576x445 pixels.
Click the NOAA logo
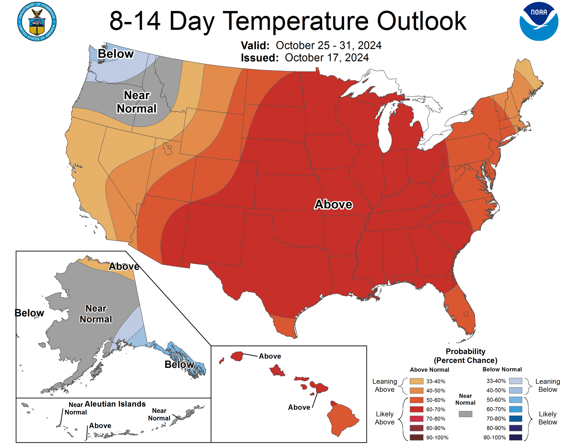pyautogui.click(x=539, y=22)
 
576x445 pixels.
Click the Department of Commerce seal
pyautogui.click(x=37, y=22)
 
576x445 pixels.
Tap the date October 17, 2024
pyautogui.click(x=327, y=58)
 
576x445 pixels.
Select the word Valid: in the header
pyautogui.click(x=255, y=46)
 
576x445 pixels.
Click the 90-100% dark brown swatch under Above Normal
pyautogui.click(x=416, y=437)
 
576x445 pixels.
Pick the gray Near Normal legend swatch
pyautogui.click(x=465, y=414)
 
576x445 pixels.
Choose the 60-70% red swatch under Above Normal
pyautogui.click(x=416, y=409)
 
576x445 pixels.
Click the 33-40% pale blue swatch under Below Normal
pyautogui.click(x=515, y=381)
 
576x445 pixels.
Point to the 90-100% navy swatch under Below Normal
pyautogui.click(x=515, y=437)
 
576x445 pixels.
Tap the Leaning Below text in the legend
pyautogui.click(x=547, y=385)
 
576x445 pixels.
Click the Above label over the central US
pyautogui.click(x=333, y=204)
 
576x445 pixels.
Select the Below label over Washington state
pyautogui.click(x=116, y=54)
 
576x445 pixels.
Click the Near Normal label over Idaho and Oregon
pyautogui.click(x=137, y=102)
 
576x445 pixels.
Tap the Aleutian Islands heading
pyautogui.click(x=115, y=404)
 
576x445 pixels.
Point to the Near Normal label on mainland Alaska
pyautogui.click(x=96, y=314)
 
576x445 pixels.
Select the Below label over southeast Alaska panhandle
pyautogui.click(x=179, y=364)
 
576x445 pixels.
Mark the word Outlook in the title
pyautogui.click(x=421, y=21)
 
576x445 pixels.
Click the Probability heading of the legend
pyautogui.click(x=465, y=351)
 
